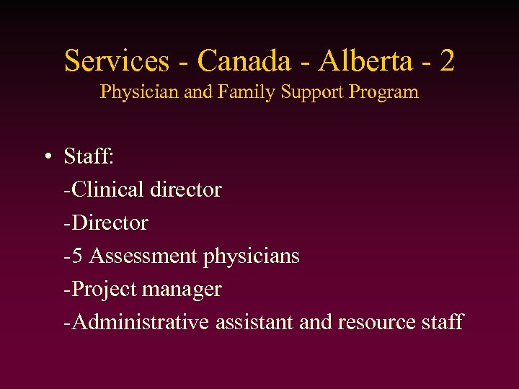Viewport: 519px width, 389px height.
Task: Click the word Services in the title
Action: (x=117, y=61)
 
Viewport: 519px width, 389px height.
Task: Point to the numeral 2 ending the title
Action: (x=447, y=61)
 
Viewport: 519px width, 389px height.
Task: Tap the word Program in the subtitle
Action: (x=384, y=92)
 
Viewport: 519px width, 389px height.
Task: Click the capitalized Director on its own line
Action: (x=108, y=223)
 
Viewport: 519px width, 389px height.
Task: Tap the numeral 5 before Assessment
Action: (x=77, y=256)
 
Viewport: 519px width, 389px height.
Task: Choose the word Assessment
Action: (x=144, y=256)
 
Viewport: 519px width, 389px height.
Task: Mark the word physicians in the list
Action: (x=252, y=256)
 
